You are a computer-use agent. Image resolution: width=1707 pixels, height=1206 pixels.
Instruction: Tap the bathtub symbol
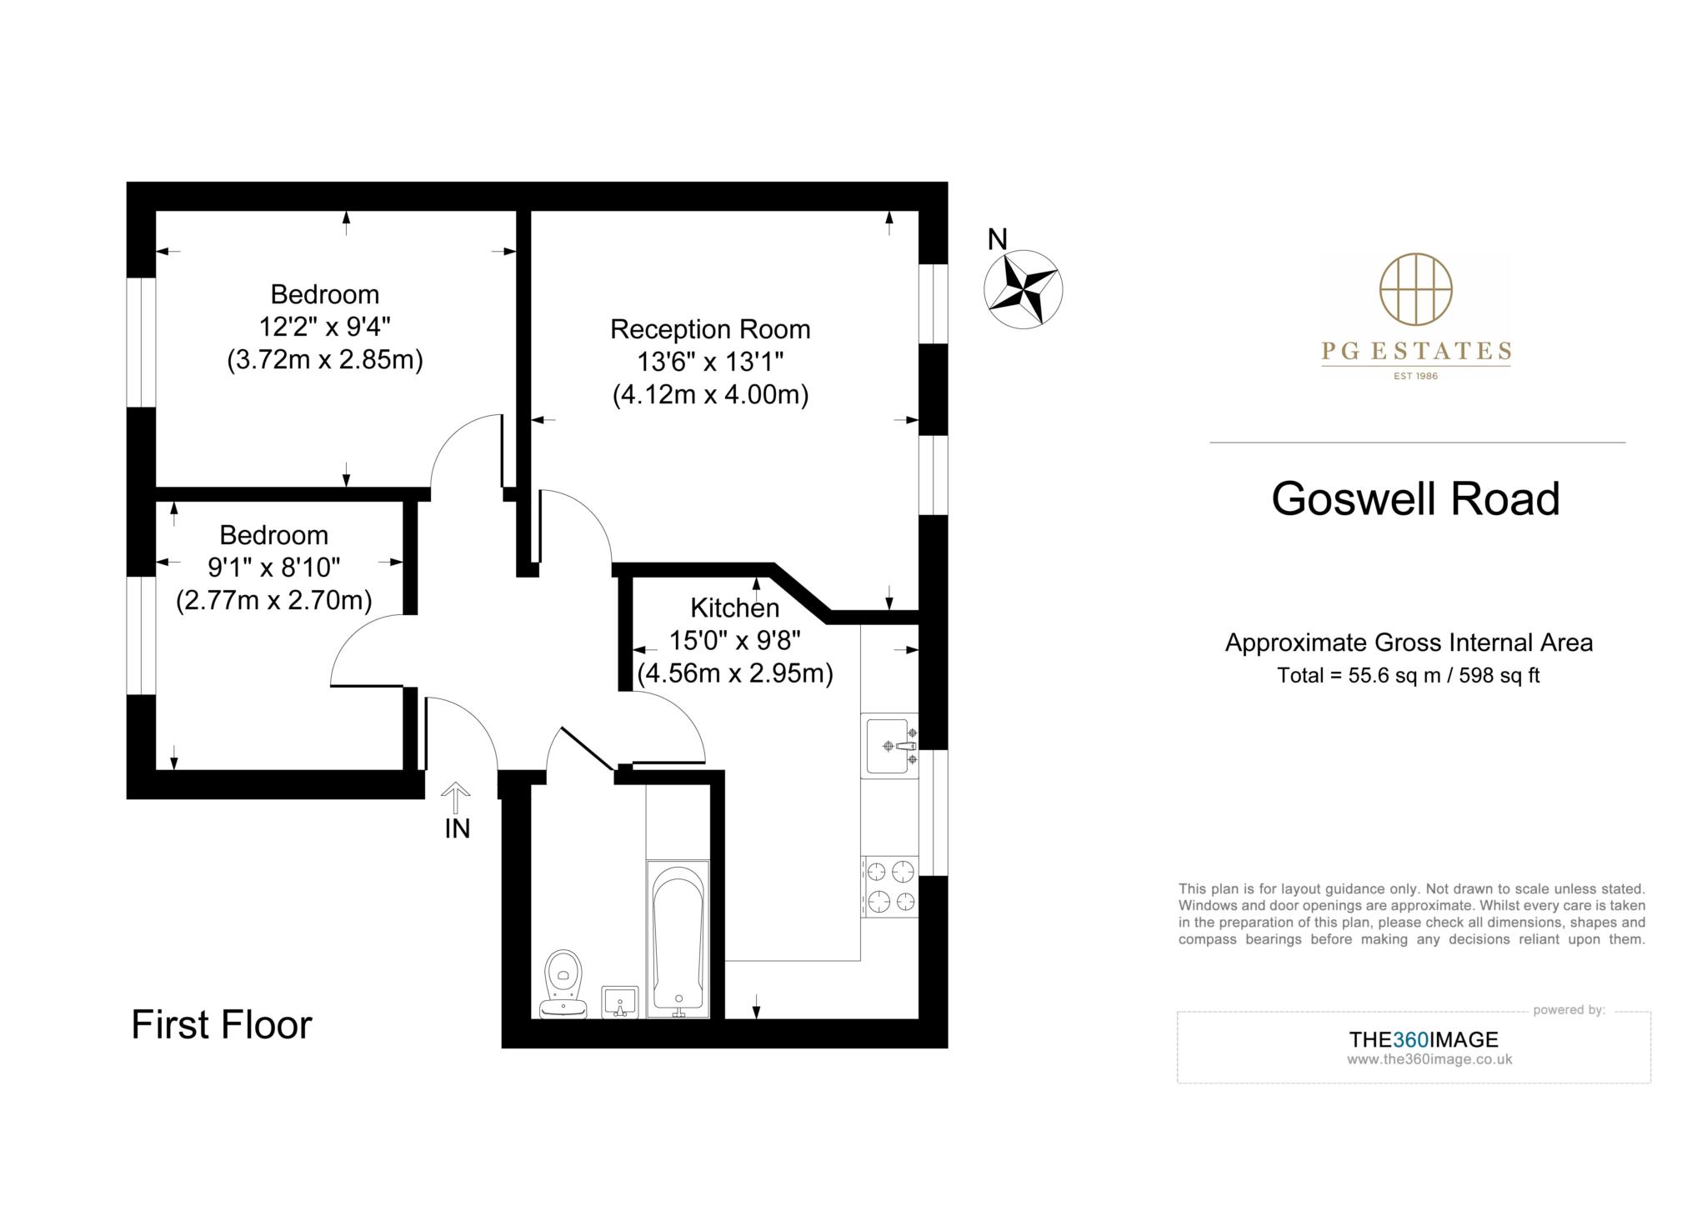coord(678,938)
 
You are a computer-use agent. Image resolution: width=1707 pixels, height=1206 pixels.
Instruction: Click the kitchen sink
coord(889,745)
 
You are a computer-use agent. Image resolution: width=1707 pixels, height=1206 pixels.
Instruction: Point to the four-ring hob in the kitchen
coord(890,887)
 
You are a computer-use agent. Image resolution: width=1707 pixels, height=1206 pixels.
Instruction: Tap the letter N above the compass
coord(997,240)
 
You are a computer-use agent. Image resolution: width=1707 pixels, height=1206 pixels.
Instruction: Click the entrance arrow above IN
coord(455,798)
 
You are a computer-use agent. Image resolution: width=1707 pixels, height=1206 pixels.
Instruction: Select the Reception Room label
coord(710,329)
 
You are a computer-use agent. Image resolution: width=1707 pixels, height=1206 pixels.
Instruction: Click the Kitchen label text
coord(734,608)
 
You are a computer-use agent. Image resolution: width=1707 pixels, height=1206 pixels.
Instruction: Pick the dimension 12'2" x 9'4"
coord(324,327)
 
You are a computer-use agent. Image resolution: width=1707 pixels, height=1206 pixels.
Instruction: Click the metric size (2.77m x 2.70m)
coord(273,600)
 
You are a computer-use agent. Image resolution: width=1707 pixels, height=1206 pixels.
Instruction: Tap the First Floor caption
coord(222,1024)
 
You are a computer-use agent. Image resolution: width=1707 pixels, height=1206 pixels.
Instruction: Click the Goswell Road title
coord(1415,498)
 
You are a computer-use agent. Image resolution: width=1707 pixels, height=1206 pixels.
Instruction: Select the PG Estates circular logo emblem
coord(1415,289)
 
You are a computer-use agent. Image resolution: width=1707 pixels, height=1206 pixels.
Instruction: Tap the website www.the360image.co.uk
coord(1429,1060)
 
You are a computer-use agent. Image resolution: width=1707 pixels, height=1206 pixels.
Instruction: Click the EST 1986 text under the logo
coord(1415,376)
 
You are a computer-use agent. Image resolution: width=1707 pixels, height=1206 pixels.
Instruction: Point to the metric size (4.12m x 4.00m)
coord(710,394)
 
